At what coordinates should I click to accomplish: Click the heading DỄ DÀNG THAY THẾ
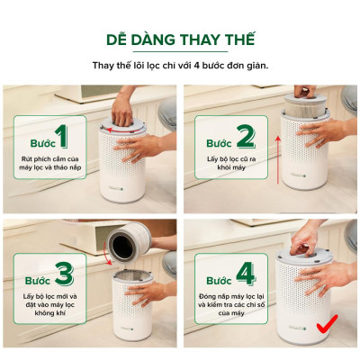180,40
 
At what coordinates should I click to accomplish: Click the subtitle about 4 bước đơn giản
180,66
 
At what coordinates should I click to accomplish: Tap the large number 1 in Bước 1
61,137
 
